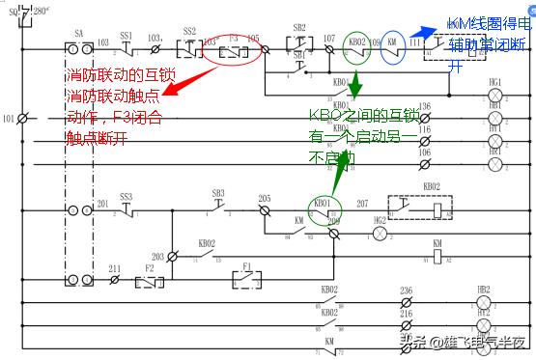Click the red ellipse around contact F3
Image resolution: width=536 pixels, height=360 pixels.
coord(233,49)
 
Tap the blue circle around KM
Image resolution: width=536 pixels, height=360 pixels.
coord(392,44)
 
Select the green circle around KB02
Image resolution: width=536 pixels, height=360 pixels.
coord(357,44)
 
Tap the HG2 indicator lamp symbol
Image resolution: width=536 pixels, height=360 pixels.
coord(380,235)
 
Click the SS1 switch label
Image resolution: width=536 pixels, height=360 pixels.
coord(127,35)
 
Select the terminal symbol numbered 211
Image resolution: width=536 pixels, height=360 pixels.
coord(115,281)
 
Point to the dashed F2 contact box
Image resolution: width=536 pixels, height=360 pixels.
coord(148,281)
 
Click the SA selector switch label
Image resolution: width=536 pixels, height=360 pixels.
coord(77,33)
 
